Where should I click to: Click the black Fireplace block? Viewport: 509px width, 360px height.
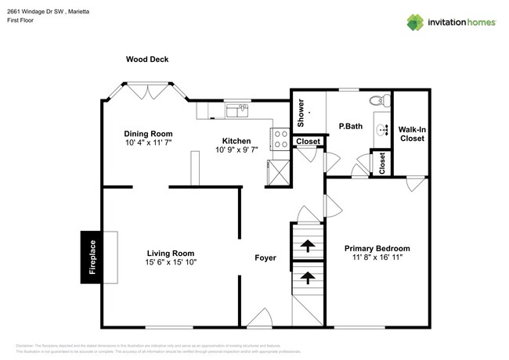pyautogui.click(x=92, y=257)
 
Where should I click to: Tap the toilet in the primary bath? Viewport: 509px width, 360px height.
pyautogui.click(x=381, y=99)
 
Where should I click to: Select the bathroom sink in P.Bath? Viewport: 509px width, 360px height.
pyautogui.click(x=383, y=130)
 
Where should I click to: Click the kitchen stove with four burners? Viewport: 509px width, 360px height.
pyautogui.click(x=280, y=139)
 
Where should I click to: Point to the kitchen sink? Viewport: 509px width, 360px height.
pyautogui.click(x=236, y=111)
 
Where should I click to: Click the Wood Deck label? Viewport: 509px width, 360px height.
pyautogui.click(x=147, y=59)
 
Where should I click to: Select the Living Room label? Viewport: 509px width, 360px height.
pyautogui.click(x=171, y=253)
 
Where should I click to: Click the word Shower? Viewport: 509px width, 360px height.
pyautogui.click(x=301, y=115)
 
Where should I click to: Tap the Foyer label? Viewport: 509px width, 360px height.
pyautogui.click(x=265, y=257)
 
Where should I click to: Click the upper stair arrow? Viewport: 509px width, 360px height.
pyautogui.click(x=307, y=246)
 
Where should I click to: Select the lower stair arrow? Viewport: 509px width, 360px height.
pyautogui.click(x=307, y=277)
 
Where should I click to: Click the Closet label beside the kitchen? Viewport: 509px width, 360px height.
pyautogui.click(x=307, y=142)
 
